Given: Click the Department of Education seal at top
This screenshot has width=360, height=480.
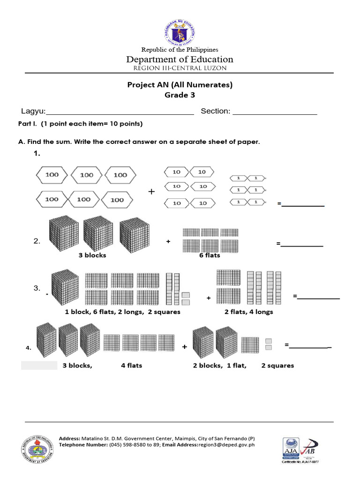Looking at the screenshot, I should click(x=180, y=32).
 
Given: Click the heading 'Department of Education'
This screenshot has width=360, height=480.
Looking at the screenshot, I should click(x=180, y=60).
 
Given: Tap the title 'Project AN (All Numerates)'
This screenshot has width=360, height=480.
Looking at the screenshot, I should click(x=180, y=85).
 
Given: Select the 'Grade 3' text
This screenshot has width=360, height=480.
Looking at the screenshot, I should click(x=180, y=95).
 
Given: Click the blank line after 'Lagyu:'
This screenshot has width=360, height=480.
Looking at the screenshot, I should click(x=120, y=112).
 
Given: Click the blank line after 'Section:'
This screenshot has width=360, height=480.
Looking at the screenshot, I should click(x=275, y=112).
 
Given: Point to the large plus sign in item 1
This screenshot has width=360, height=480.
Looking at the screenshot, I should click(x=151, y=192).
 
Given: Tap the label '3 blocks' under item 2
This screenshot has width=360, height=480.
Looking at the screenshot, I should click(x=92, y=255).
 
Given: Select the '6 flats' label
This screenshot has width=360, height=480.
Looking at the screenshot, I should click(x=210, y=255).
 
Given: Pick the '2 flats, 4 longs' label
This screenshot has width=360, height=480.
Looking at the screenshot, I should click(x=248, y=312).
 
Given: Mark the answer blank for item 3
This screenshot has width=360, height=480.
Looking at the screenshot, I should click(x=318, y=297).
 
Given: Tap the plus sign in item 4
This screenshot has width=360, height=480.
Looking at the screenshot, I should click(x=185, y=347).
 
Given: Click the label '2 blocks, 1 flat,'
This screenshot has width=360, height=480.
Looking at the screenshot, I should click(x=220, y=366).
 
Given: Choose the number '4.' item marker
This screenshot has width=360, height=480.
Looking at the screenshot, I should click(x=28, y=348).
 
